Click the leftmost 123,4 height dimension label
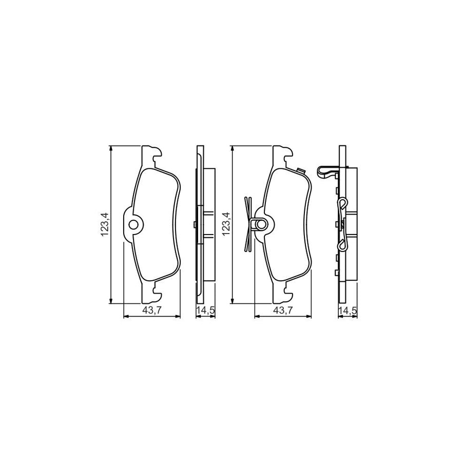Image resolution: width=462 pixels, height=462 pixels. coord(105,224)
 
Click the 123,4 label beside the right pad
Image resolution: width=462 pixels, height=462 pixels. coord(225,224)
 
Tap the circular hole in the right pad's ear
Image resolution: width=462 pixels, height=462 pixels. coord(260,224)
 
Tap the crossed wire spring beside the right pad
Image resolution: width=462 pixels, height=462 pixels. coord(248,224)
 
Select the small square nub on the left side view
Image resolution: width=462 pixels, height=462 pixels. coord(193,224)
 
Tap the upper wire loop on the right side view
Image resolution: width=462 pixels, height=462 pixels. coord(341,205)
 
